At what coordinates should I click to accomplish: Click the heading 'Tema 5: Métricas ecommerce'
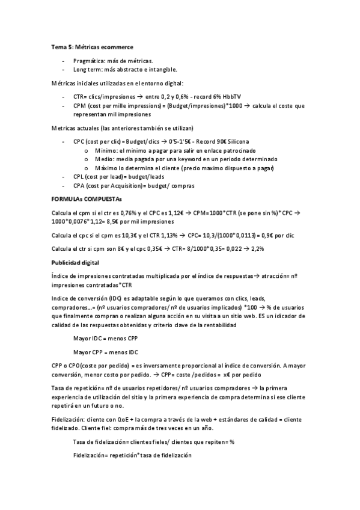[92, 46]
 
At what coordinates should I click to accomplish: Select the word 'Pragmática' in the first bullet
[88, 61]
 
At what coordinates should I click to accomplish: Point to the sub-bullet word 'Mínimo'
[105, 150]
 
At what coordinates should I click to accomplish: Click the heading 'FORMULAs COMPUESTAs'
[87, 198]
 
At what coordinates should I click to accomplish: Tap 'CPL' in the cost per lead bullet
[79, 177]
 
